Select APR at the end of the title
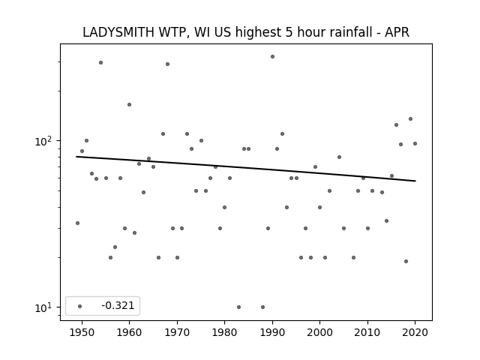click(397, 32)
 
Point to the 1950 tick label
click(82, 332)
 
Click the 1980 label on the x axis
click(224, 332)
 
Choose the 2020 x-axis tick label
click(415, 332)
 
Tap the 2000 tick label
click(319, 332)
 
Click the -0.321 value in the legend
click(118, 305)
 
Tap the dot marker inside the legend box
click(80, 306)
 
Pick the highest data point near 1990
click(272, 57)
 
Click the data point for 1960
click(129, 105)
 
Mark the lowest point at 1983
click(238, 307)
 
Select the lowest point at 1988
click(262, 307)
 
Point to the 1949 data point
click(77, 223)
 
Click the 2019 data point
click(410, 119)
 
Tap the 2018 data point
click(406, 262)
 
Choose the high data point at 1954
click(100, 63)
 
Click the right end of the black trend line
click(415, 181)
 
